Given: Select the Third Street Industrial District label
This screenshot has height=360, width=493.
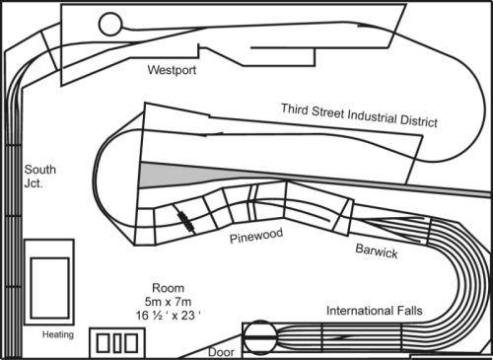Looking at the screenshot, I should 359,114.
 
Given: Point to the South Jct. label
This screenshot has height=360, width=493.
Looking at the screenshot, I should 40,176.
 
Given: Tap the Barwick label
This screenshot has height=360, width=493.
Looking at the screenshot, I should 377,252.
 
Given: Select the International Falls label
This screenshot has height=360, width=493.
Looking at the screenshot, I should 375,312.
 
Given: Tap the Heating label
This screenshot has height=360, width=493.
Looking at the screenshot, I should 58,334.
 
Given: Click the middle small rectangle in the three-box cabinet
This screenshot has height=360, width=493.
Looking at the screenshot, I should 116,343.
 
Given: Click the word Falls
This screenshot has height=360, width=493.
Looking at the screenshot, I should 408,312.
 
